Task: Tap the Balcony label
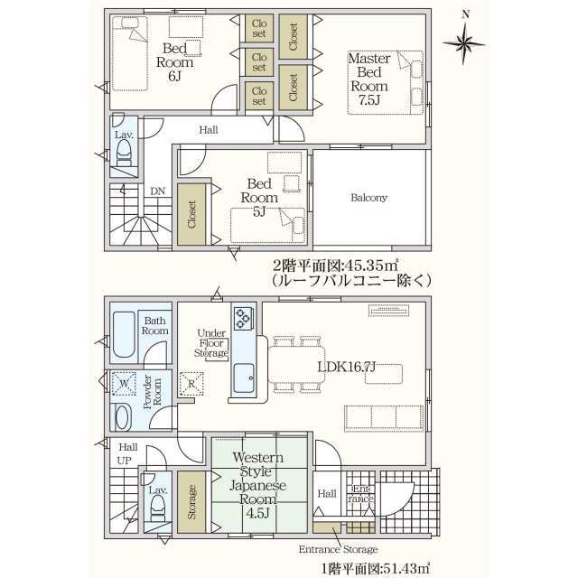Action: [x=368, y=198]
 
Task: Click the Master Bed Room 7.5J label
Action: [x=369, y=79]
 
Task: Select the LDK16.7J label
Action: [x=347, y=367]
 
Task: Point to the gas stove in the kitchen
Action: [x=244, y=318]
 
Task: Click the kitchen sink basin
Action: [x=244, y=378]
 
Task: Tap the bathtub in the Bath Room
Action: [x=124, y=334]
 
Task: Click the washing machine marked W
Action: [x=124, y=384]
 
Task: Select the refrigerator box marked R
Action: [x=191, y=384]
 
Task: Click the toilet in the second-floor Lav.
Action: [x=124, y=154]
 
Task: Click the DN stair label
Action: [x=158, y=191]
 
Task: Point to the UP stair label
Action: [x=125, y=461]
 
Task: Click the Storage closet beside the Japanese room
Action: [x=191, y=502]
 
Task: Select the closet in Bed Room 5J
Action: [x=191, y=215]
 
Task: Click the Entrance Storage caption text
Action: [x=338, y=550]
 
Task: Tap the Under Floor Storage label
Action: [x=211, y=343]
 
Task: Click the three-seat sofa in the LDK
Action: [x=384, y=418]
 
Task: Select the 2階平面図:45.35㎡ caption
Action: [x=335, y=265]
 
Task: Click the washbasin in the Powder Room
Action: [x=123, y=417]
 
